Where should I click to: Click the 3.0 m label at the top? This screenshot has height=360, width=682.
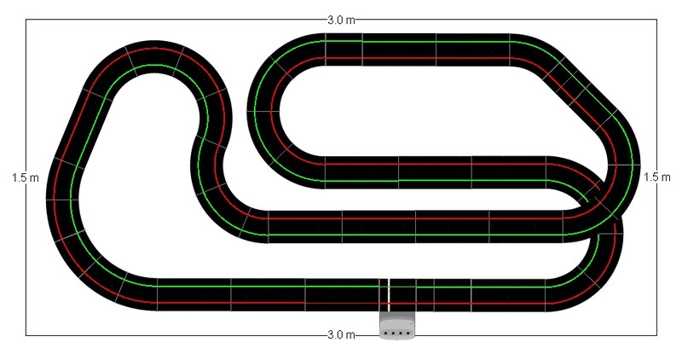point(341,19)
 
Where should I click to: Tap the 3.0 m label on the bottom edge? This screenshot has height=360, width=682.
point(341,334)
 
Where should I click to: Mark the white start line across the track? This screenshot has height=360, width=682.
point(388,293)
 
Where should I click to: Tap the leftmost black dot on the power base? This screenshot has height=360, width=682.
point(386,333)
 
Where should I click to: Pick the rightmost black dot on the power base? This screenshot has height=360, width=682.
point(407,333)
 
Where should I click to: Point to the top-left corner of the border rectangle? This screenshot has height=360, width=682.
point(26,20)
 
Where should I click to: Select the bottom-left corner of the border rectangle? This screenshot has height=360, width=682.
point(26,334)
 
